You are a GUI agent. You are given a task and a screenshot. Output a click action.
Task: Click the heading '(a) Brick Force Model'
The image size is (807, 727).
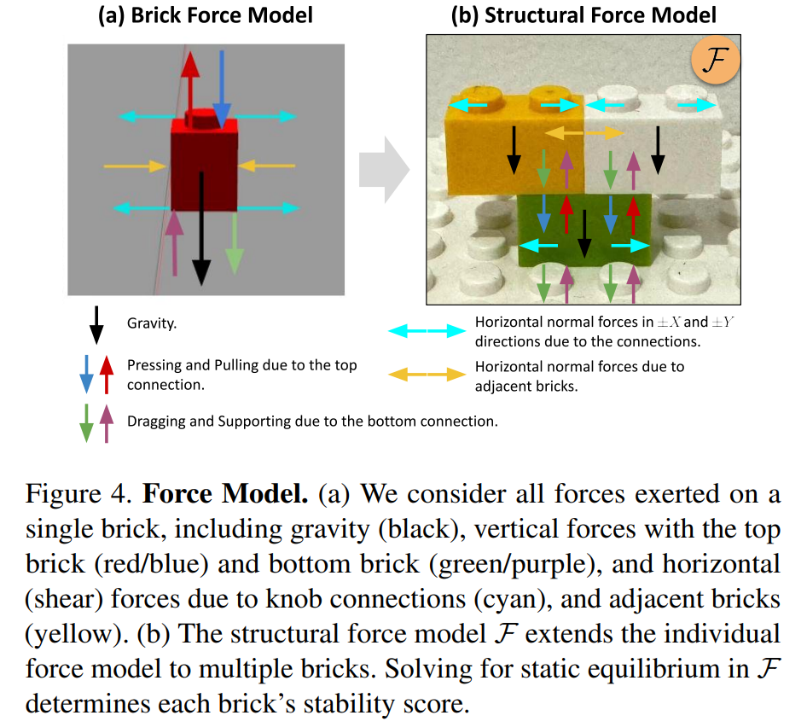pyautogui.click(x=206, y=15)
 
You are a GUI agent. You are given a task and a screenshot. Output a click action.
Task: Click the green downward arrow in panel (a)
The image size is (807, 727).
pyautogui.click(x=235, y=243)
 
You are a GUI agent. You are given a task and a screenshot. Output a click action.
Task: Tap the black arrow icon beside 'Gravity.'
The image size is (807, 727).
pyautogui.click(x=96, y=324)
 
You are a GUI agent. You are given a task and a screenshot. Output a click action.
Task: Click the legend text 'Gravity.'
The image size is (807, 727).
pyautogui.click(x=152, y=324)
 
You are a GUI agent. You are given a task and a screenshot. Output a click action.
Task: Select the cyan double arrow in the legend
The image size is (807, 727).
pyautogui.click(x=424, y=330)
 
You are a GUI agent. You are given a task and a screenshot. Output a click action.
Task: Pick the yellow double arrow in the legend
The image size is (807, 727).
pyautogui.click(x=424, y=374)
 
